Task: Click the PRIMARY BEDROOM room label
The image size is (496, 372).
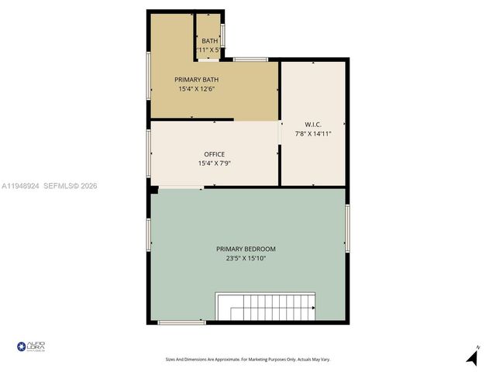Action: pyautogui.click(x=246, y=249)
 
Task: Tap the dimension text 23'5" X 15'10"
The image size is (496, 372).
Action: pyautogui.click(x=246, y=258)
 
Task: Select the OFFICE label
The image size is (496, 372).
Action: pyautogui.click(x=214, y=154)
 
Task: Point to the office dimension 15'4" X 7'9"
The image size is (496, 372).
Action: pyautogui.click(x=214, y=164)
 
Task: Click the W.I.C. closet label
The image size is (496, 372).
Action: pyautogui.click(x=313, y=125)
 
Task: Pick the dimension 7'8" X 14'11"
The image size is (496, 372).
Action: pyautogui.click(x=313, y=134)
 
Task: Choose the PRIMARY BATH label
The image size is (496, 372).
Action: pyautogui.click(x=196, y=80)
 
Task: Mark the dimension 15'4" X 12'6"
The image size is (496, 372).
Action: pyautogui.click(x=196, y=89)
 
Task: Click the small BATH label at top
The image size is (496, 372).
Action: pyautogui.click(x=209, y=41)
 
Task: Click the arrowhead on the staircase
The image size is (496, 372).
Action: pyautogui.click(x=312, y=308)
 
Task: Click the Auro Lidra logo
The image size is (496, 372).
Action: pyautogui.click(x=31, y=346)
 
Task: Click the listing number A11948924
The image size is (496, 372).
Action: pyautogui.click(x=20, y=186)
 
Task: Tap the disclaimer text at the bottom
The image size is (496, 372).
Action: pyautogui.click(x=248, y=359)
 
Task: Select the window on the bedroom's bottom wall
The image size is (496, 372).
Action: pyautogui.click(x=181, y=322)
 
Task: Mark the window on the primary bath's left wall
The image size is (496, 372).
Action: pyautogui.click(x=149, y=77)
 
